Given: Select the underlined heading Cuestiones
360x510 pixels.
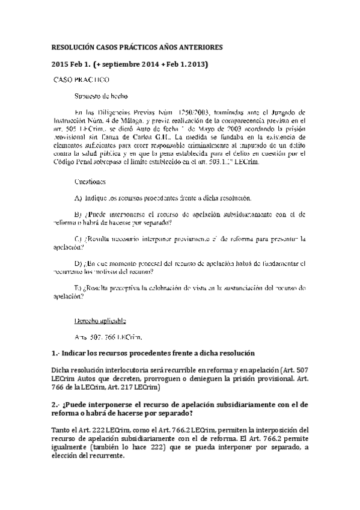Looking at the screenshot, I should point(91,181).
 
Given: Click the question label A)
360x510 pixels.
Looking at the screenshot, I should point(78,198).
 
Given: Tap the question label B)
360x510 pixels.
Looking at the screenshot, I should point(78,214).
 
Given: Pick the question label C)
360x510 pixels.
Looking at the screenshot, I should point(78,239).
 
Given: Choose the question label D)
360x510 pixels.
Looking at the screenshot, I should point(78,263).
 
